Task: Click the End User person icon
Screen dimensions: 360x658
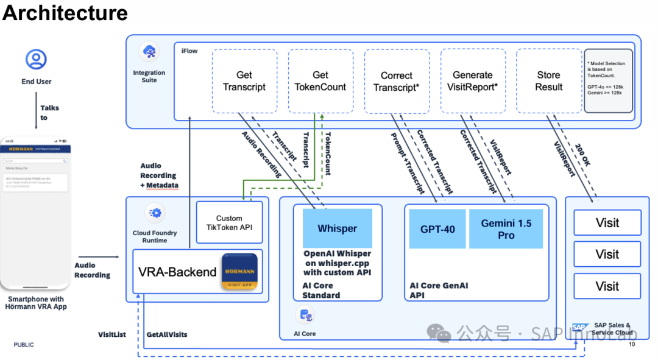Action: coord(36,59)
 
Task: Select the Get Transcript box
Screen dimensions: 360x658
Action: coord(244,81)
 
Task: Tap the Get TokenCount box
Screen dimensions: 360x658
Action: coord(320,81)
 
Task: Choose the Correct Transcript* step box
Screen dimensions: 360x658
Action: coord(397,81)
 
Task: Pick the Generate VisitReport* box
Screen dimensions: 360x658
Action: coord(473,81)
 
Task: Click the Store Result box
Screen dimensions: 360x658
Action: coord(548,81)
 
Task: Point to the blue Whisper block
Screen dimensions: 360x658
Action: coord(338,228)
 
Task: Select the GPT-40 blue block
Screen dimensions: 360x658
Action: coord(437,229)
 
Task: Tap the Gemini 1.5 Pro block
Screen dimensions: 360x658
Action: coord(506,229)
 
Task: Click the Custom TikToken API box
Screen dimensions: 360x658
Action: coord(229,223)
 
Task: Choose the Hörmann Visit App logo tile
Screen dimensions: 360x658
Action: coord(239,271)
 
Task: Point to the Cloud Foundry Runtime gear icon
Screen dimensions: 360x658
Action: coord(155,213)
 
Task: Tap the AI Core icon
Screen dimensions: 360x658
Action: coord(305,315)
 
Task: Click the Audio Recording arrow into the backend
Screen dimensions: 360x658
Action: coord(98,257)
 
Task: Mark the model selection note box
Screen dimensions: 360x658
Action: coord(609,81)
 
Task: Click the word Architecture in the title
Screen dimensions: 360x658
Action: coord(65,13)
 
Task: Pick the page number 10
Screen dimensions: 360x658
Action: coord(632,345)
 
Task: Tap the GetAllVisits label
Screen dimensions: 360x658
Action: coord(167,334)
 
